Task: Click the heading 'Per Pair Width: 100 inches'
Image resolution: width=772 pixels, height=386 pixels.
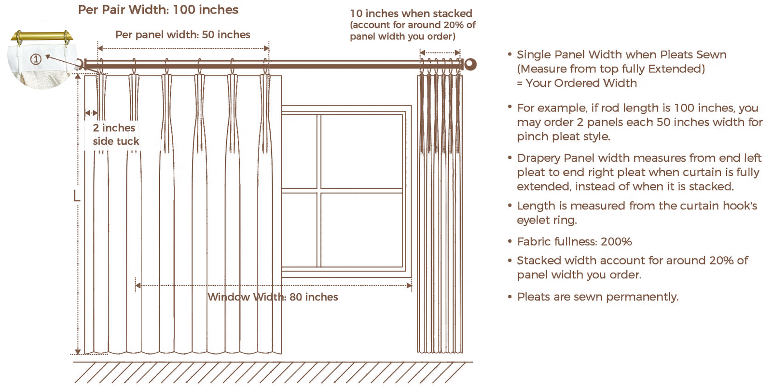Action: pos(158,10)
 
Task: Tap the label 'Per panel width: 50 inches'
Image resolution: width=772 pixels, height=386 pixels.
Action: pos(182,35)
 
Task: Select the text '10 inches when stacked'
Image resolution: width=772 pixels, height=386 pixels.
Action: pos(411,14)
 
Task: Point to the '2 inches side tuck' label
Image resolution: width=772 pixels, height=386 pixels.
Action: pos(115,135)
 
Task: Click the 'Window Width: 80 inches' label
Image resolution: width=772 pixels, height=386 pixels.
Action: pos(273,297)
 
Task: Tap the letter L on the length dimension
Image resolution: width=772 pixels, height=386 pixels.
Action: pos(76,196)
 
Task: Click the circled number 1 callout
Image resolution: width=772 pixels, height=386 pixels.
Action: pos(36,59)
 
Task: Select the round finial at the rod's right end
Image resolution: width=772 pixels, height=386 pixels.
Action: pos(470,64)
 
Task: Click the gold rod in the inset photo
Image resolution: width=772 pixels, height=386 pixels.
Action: pos(42,37)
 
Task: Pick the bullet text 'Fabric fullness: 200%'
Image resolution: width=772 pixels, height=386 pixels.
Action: pos(574,242)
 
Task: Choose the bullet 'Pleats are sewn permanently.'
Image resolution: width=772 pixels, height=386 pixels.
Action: pos(597,297)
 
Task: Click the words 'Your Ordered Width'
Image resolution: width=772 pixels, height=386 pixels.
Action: pos(581,83)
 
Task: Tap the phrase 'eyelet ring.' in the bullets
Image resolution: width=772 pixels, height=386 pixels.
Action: pos(547,220)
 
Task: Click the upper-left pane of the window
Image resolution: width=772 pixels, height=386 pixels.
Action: pos(300,151)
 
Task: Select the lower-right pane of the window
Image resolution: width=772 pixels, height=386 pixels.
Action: pos(361,229)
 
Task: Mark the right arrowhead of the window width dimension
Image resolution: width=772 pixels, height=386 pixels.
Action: pos(409,286)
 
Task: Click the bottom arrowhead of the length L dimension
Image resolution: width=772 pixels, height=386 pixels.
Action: pos(78,351)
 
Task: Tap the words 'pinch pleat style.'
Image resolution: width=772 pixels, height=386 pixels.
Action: pos(563,137)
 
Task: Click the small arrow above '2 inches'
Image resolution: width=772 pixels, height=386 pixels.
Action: pos(91,113)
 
